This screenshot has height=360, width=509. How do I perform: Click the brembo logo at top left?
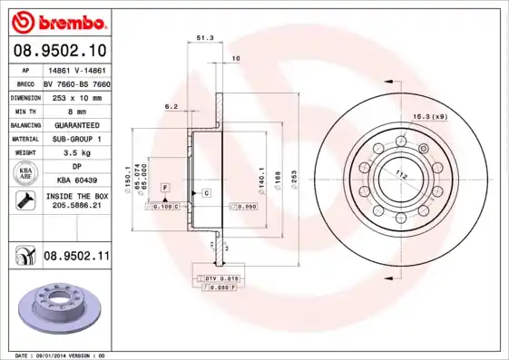58,21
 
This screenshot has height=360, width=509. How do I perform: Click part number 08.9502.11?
76,258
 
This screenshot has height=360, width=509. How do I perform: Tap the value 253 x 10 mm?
76,95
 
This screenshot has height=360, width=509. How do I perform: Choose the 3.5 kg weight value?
76,153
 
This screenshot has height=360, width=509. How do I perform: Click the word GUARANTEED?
76,124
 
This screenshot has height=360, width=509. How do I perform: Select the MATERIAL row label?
25,139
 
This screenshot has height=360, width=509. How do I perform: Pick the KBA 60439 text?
76,181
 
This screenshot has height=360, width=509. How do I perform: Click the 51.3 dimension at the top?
204,38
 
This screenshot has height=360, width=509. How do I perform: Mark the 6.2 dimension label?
171,107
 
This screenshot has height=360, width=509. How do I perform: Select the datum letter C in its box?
206,193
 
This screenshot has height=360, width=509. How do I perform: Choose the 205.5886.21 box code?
76,207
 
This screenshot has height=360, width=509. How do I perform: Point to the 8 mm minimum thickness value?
76,110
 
